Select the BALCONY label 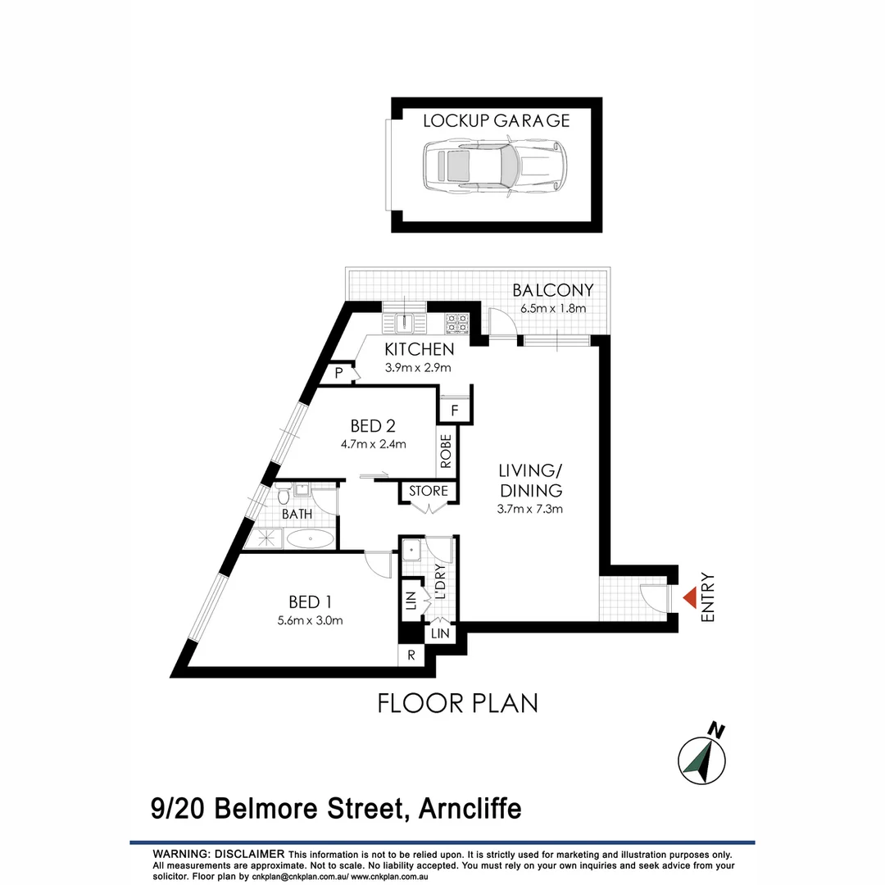pos(552,290)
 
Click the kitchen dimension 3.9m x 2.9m pos(418,368)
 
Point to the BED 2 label pos(372,426)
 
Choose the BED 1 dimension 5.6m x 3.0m pos(309,620)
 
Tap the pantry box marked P pos(338,374)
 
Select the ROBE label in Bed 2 pos(447,452)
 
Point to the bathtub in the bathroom pos(310,539)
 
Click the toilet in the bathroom pos(283,495)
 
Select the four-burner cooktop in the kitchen pos(456,323)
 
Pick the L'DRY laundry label pos(440,582)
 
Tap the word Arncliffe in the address pos(470,810)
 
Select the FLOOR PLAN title pos(457,703)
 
